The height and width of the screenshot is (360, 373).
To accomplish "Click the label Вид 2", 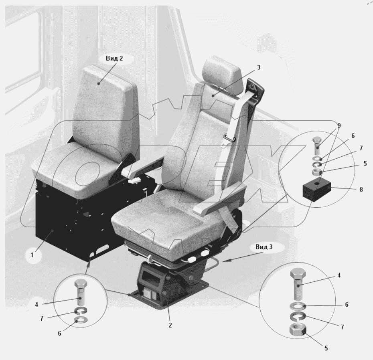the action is (x=114, y=59).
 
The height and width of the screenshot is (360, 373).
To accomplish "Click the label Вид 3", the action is (x=264, y=247).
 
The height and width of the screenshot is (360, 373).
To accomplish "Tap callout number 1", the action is (x=32, y=255).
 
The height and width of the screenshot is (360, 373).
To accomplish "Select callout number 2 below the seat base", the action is (x=170, y=325).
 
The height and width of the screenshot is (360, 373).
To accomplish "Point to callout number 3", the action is (x=259, y=67).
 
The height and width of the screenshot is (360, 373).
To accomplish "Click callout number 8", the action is (x=361, y=190).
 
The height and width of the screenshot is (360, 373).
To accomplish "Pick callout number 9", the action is (x=339, y=125).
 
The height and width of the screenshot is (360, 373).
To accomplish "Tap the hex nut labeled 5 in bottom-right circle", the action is (x=298, y=330).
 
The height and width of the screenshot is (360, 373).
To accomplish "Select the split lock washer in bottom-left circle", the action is (x=81, y=311).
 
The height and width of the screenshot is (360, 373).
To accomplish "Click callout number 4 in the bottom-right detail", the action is (x=339, y=275).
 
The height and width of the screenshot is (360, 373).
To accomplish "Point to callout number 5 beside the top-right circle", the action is (x=365, y=164).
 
